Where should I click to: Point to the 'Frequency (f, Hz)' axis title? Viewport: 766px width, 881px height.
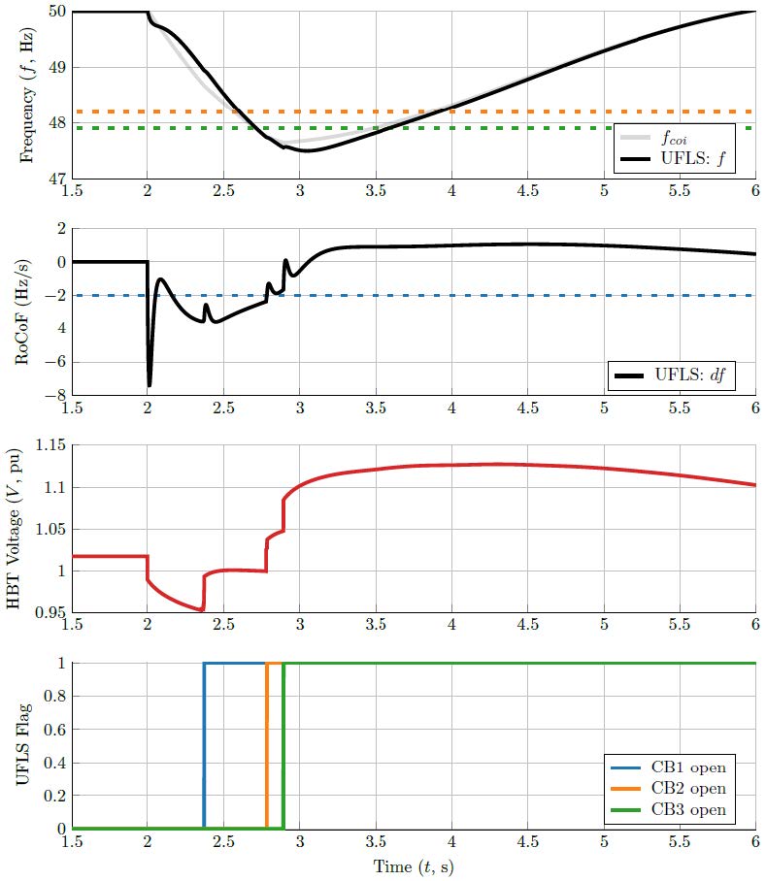(x=26, y=95)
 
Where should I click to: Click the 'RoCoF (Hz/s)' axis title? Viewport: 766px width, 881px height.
(x=26, y=310)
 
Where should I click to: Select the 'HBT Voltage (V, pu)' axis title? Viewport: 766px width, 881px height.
(x=17, y=528)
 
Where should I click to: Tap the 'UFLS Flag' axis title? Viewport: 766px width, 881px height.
(x=26, y=746)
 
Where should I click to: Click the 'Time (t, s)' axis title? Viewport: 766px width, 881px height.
(x=414, y=866)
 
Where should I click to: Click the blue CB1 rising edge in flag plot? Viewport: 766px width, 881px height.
(x=204, y=746)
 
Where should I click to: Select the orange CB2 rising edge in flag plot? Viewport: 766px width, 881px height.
(x=267, y=746)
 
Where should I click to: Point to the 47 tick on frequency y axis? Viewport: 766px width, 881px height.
(x=57, y=179)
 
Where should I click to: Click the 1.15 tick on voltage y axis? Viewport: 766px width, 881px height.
(x=50, y=444)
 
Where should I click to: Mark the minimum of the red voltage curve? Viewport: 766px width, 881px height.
(x=201, y=610)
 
